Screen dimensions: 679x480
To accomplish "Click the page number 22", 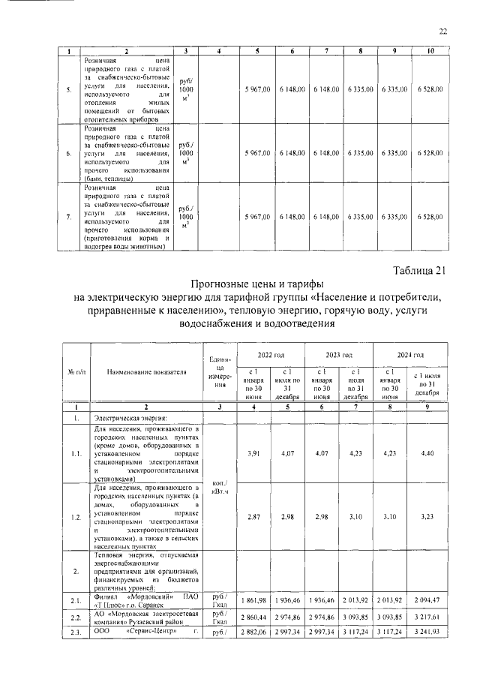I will [x=442, y=31].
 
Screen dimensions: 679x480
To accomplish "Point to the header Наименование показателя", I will [x=145, y=372].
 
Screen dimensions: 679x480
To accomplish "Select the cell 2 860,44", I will [x=255, y=617].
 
